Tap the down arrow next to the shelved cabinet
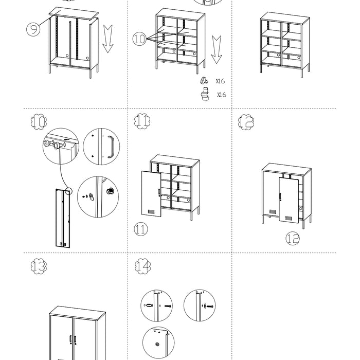[x=217, y=47]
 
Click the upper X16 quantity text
[x=221, y=81]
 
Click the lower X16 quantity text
[x=222, y=95]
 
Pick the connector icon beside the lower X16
[x=205, y=95]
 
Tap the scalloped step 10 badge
[x=38, y=123]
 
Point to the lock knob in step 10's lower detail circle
[x=109, y=191]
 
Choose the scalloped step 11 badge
[x=142, y=121]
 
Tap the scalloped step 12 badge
[x=246, y=121]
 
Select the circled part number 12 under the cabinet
[x=292, y=238]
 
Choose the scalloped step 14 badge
[x=142, y=266]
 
